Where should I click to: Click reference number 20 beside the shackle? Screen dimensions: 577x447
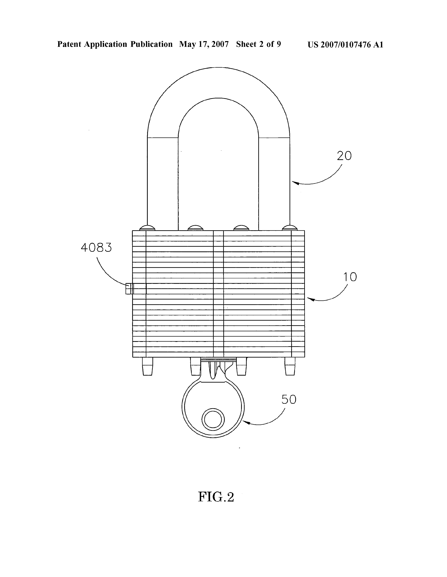click(344, 156)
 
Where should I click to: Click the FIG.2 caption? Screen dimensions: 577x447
click(216, 497)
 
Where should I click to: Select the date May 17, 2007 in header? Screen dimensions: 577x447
click(204, 44)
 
